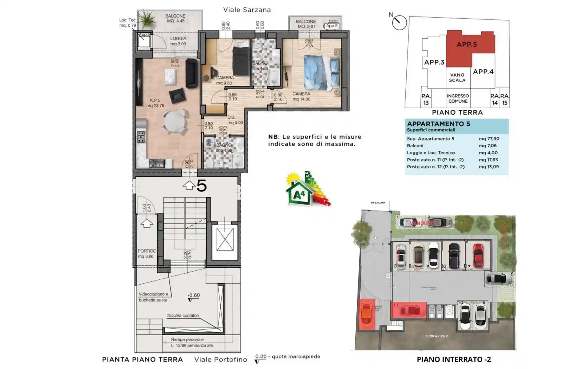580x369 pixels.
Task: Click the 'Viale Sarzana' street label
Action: tap(247, 10)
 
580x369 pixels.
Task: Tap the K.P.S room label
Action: tap(155, 101)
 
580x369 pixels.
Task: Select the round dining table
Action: tap(175, 122)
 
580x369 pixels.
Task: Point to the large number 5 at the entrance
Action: tap(201, 186)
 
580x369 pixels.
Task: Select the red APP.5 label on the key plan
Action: tap(466, 45)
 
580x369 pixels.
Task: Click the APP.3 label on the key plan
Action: tap(434, 62)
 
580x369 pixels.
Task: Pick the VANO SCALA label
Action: tap(457, 78)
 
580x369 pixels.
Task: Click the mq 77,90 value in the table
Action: tap(489, 139)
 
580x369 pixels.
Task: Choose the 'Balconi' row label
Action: tap(415, 146)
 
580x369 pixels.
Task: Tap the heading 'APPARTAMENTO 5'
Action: tap(438, 124)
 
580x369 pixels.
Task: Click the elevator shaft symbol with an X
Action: tap(225, 239)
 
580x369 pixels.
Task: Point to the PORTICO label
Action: tap(147, 251)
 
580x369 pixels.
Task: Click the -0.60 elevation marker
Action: tap(193, 296)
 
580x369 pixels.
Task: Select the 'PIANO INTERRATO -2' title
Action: tap(453, 360)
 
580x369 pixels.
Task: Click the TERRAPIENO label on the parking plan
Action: tap(437, 336)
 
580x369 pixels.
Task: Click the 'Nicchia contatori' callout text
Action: tap(183, 316)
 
